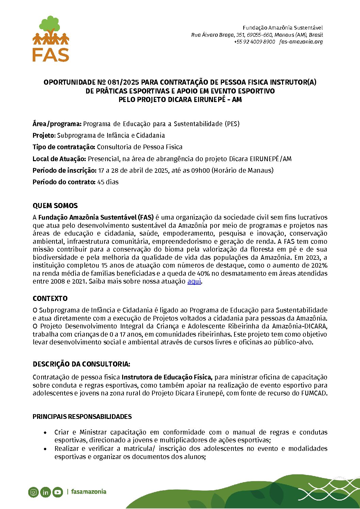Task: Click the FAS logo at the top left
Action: click(51, 39)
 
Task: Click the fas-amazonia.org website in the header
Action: click(301, 42)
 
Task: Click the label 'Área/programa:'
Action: click(57, 124)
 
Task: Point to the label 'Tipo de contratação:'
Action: click(64, 147)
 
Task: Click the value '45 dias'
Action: click(108, 182)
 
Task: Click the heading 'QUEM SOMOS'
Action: click(55, 206)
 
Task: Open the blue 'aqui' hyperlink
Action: click(194, 282)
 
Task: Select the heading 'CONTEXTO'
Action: click(50, 299)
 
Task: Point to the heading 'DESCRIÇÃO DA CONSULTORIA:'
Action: click(81, 364)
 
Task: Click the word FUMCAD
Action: click(314, 393)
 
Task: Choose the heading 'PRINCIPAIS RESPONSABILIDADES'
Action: click(82, 417)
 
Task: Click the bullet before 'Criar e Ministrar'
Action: click(45, 432)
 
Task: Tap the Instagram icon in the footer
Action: click(33, 492)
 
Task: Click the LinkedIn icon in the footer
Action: click(45, 492)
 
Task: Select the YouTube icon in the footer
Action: click(58, 492)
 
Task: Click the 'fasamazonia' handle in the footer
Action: click(88, 492)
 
